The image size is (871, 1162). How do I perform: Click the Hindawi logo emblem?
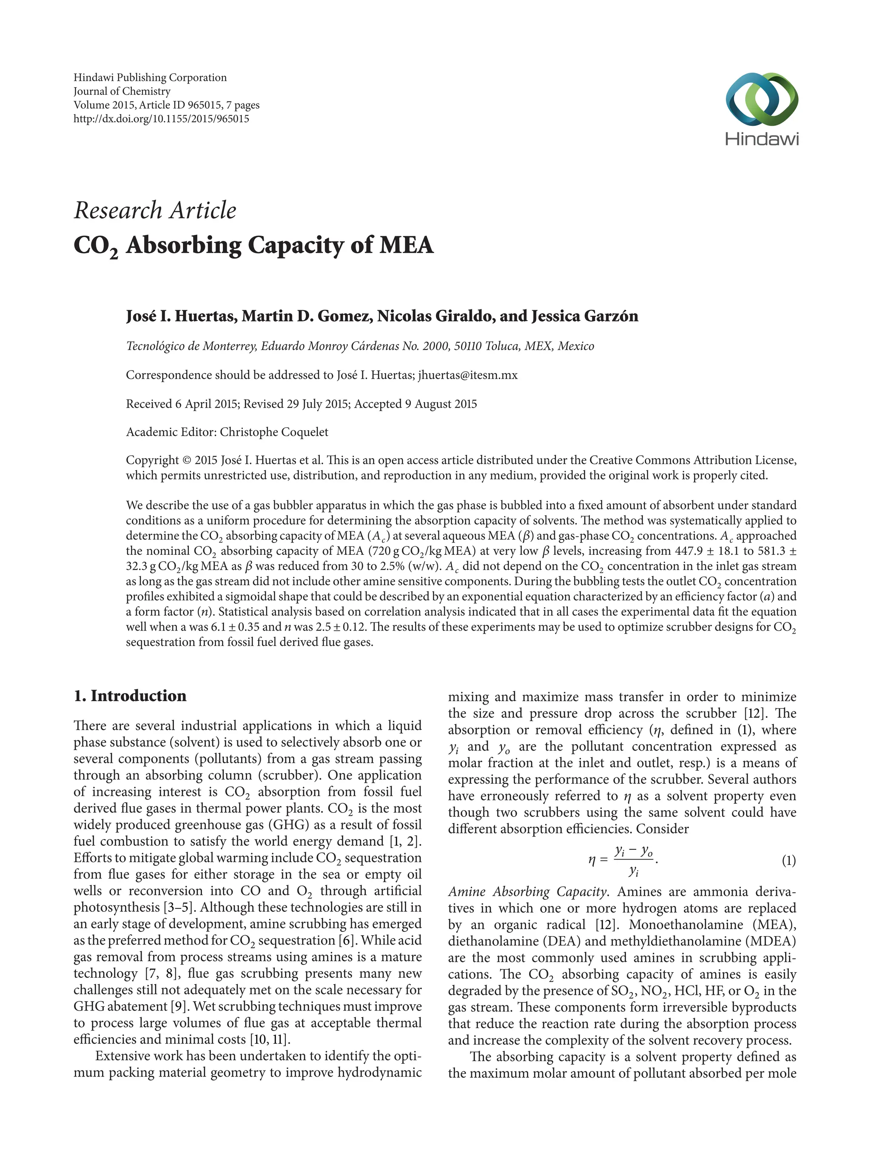tap(761, 100)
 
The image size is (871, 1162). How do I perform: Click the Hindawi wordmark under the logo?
tap(761, 139)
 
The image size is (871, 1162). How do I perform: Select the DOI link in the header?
tap(161, 119)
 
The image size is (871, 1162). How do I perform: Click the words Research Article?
tap(155, 211)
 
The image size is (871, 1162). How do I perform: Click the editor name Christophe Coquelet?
tap(273, 432)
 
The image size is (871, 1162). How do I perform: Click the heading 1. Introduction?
tap(130, 696)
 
